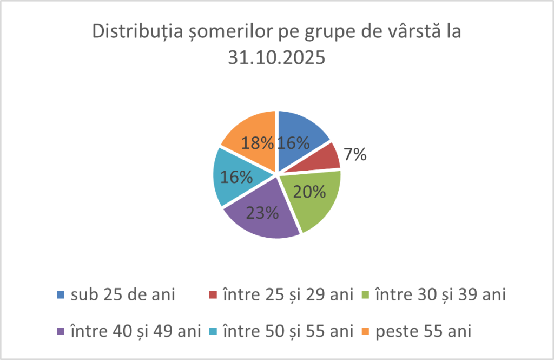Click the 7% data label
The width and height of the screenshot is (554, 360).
pyautogui.click(x=355, y=155)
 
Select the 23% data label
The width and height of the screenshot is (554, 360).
pyautogui.click(x=262, y=212)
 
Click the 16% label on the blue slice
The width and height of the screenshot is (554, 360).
pyautogui.click(x=293, y=142)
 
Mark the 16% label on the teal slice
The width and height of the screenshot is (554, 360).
pyautogui.click(x=236, y=176)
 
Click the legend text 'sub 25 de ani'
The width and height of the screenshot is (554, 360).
pyautogui.click(x=123, y=294)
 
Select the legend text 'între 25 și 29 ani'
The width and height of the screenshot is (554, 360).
pyautogui.click(x=288, y=294)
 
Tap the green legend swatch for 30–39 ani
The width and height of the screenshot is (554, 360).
pyautogui.click(x=365, y=295)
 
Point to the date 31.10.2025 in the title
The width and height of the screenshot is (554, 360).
pyautogui.click(x=276, y=57)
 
